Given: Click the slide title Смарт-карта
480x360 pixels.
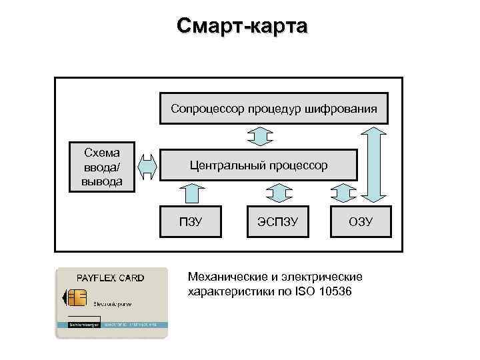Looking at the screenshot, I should [242, 26].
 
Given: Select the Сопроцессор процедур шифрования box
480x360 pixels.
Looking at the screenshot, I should [273, 107].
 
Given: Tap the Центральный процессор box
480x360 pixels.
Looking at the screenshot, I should [258, 165].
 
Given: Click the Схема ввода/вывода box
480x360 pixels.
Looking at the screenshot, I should [102, 166].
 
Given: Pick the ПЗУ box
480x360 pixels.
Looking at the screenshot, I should [191, 221].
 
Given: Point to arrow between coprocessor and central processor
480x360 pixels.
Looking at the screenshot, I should [260, 136].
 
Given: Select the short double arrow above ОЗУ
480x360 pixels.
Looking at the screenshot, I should [343, 193].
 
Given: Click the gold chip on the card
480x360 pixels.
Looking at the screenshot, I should [77, 297].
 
